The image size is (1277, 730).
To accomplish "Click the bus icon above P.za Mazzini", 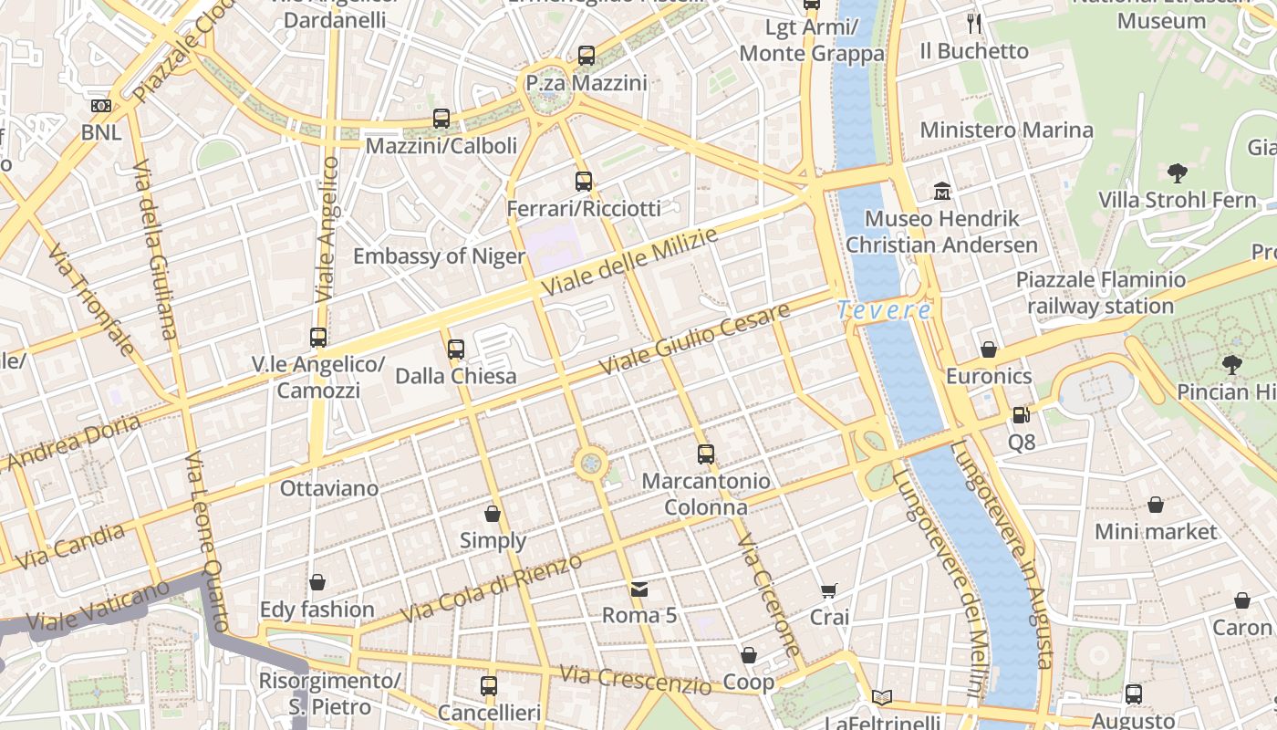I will [586, 56].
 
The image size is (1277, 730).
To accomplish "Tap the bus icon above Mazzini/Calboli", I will [441, 118].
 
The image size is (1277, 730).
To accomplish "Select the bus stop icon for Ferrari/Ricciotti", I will [584, 182].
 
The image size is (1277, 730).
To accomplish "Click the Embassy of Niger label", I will [439, 256].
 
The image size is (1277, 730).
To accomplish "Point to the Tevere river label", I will [884, 310].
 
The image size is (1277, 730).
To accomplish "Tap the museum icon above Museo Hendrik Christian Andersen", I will [942, 192].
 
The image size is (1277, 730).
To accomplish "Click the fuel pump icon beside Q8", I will [1021, 415].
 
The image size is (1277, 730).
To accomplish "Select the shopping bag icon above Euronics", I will [989, 349].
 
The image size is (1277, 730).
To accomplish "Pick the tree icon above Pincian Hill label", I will [1232, 365].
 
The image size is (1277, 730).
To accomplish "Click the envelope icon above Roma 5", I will [639, 589].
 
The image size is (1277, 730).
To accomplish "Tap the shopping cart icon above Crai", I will [828, 591].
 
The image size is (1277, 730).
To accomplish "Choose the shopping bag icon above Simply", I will [493, 514].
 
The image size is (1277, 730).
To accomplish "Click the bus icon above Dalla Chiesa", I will [456, 349].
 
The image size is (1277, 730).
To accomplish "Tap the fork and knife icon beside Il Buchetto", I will [974, 24].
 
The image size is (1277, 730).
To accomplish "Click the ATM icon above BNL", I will [101, 106].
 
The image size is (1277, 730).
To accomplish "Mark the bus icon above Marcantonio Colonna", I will [706, 454].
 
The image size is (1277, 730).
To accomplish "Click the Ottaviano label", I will [329, 488].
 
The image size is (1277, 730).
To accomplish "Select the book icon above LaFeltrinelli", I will [881, 697].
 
